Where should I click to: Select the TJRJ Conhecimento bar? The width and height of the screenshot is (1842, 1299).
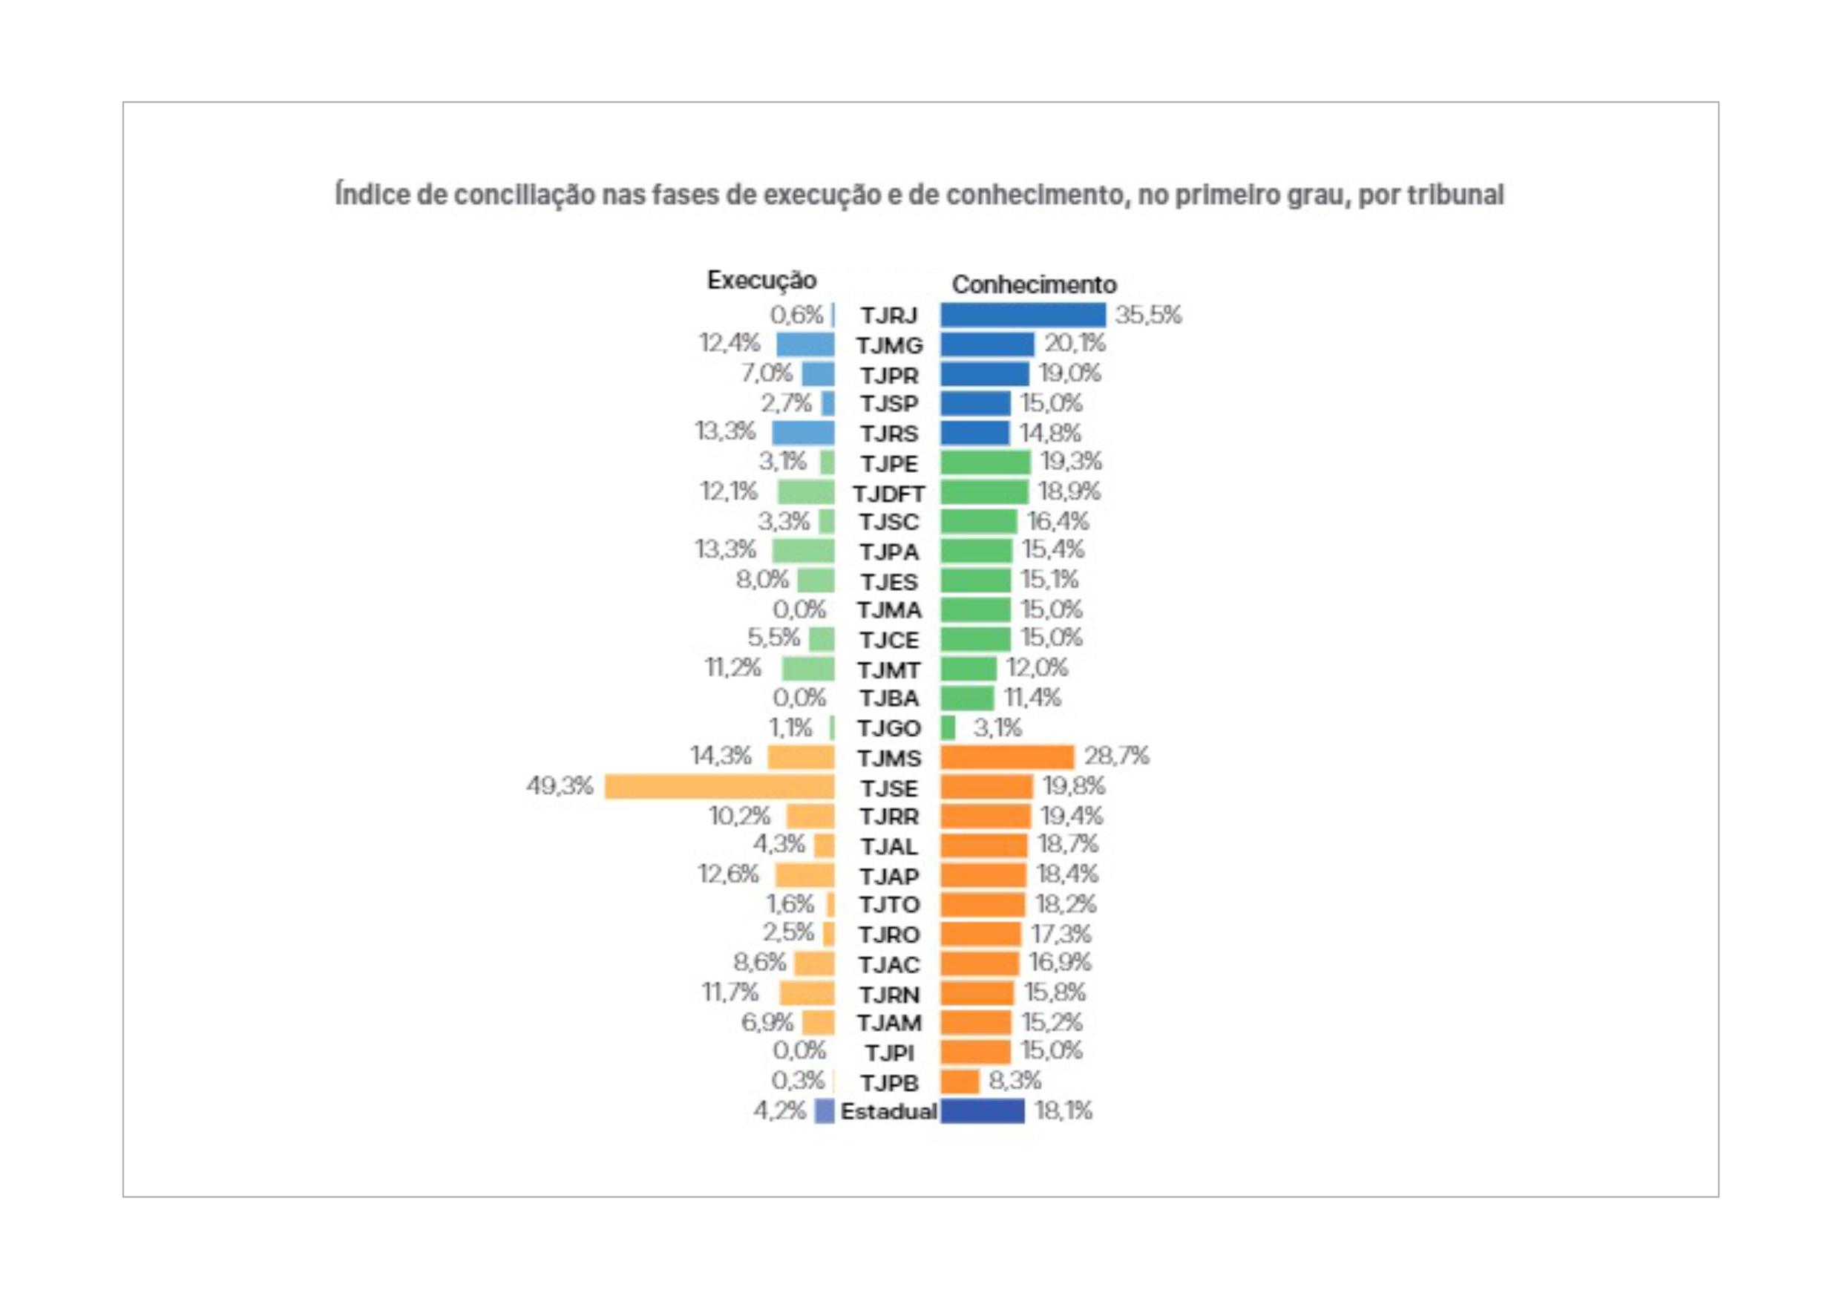[1022, 315]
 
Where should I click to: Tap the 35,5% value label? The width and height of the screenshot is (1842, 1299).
[1147, 315]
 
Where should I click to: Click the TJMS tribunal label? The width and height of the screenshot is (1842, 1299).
[888, 758]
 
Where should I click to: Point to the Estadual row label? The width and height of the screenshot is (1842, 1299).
[888, 1111]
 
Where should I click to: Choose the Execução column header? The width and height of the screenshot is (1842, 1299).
[761, 280]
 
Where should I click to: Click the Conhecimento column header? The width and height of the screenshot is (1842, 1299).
[1033, 284]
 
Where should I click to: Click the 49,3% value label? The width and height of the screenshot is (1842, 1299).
[559, 785]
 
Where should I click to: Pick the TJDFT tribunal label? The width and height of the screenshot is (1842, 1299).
[888, 494]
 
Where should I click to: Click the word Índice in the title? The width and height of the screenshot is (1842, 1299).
[373, 195]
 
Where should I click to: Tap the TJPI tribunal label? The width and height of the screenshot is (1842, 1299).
[888, 1053]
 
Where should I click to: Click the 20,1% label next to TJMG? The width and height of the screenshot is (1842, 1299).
[1074, 344]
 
